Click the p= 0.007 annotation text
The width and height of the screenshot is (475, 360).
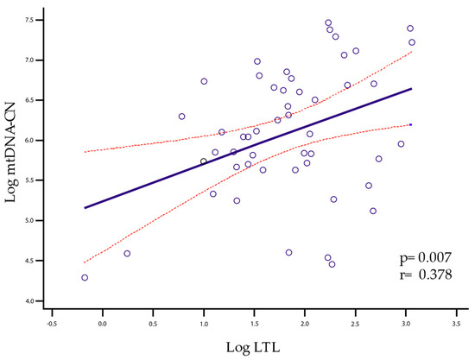(420, 258)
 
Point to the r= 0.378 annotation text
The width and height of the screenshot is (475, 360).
(420, 275)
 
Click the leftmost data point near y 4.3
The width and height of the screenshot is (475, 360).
(85, 278)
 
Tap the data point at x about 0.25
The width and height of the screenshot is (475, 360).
(127, 254)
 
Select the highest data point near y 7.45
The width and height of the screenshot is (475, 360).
(328, 23)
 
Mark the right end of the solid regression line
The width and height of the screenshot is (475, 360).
(411, 89)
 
